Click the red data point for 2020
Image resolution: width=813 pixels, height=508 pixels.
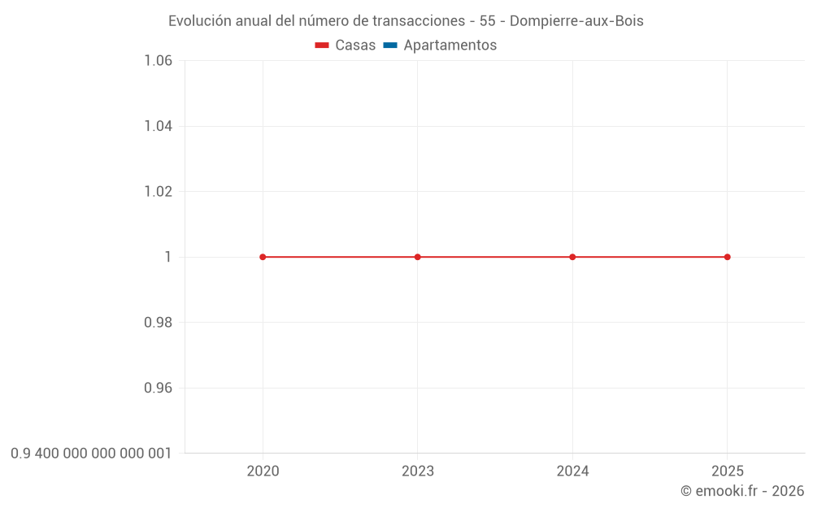tap(263, 257)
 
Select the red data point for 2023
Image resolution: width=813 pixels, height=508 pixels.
tap(418, 257)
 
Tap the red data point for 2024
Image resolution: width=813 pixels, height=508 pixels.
tap(572, 257)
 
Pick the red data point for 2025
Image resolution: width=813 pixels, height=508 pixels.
tap(727, 257)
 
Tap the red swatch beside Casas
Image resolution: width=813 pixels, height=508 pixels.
tap(322, 46)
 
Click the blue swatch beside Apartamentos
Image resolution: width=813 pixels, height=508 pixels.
tap(390, 46)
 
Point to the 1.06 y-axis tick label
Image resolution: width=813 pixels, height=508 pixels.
tap(158, 61)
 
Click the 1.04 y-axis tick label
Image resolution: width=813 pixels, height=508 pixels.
tap(158, 126)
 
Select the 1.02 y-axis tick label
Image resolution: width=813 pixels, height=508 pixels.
tap(158, 192)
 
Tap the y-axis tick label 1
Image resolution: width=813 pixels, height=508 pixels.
tap(168, 257)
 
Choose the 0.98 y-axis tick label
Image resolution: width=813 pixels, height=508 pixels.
tap(158, 323)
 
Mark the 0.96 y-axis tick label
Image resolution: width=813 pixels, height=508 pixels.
tap(158, 388)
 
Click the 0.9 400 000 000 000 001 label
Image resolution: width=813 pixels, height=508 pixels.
tap(91, 454)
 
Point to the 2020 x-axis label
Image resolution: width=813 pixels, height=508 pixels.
tap(263, 471)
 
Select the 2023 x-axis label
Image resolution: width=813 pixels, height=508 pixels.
tap(418, 471)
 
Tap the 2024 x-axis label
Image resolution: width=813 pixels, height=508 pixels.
tap(572, 471)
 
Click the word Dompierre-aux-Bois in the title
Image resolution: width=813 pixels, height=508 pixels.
tap(576, 21)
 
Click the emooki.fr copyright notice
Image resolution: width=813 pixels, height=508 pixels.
tap(742, 491)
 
